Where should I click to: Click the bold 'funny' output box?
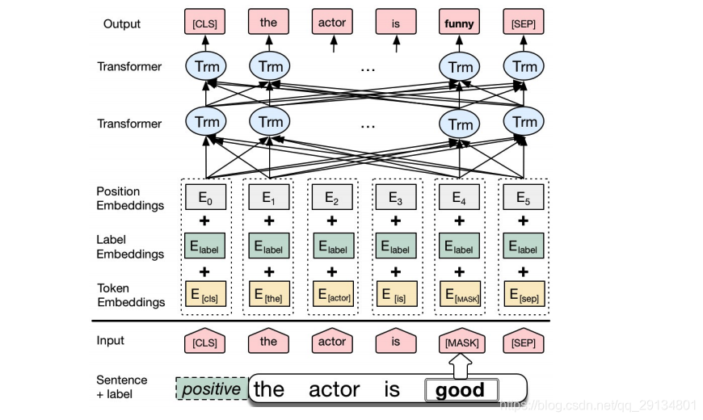tap(459, 22)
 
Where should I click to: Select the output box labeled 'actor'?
tap(332, 22)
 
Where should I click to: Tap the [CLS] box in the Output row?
tap(205, 22)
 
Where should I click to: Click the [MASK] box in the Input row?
tap(461, 342)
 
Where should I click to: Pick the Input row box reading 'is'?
tap(396, 342)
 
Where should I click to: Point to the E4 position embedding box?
tap(459, 197)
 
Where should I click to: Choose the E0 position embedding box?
tap(205, 197)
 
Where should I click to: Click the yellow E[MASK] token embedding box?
tap(461, 294)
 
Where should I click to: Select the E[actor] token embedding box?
tap(333, 294)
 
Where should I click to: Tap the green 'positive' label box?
tap(212, 388)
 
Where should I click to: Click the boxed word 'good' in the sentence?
tap(461, 390)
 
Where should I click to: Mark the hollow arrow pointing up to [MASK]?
tap(461, 365)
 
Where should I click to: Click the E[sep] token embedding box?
tap(524, 294)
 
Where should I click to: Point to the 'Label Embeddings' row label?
tap(130, 247)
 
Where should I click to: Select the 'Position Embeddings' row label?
tap(130, 199)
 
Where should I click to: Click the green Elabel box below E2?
tap(333, 246)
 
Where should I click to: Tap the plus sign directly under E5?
tap(524, 221)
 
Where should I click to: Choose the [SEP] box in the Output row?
tap(524, 22)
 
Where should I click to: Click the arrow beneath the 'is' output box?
tap(396, 44)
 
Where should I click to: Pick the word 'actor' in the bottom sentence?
tap(335, 389)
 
